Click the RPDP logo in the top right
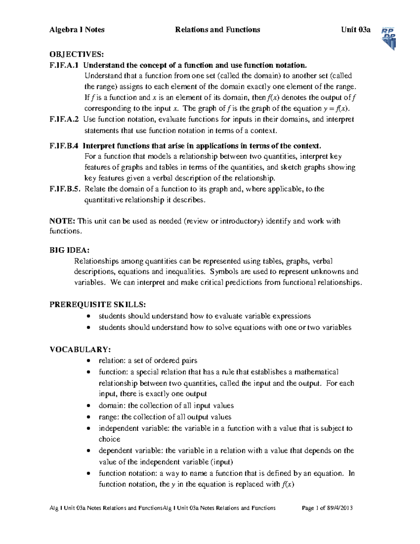coord(388,38)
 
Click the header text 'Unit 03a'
coord(356,30)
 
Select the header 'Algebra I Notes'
coord(77,30)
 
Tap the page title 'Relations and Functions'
coord(217,30)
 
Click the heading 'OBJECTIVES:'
coord(77,54)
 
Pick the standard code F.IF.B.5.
coord(65,189)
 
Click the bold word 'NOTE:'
coord(62,221)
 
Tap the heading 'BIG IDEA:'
coord(69,250)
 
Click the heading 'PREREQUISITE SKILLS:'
coord(98,304)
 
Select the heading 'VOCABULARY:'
coord(80,349)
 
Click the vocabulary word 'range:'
coord(109,417)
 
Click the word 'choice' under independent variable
coord(109,439)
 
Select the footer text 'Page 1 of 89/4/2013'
coord(327,508)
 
